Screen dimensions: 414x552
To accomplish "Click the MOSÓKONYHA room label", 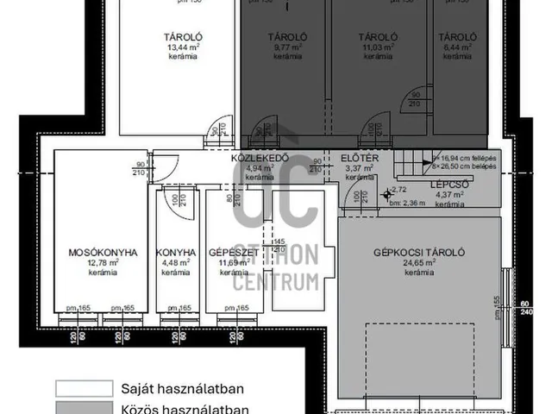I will [x=103, y=253].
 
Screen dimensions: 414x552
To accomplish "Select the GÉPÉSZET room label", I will [x=229, y=253].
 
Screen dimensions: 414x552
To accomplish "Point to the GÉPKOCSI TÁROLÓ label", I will [x=420, y=253].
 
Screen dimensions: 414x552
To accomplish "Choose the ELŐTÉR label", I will [x=355, y=158].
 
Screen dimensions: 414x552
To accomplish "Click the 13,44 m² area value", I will [x=183, y=47].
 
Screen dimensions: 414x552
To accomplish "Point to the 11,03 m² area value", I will [x=377, y=47].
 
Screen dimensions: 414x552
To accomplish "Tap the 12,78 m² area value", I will [x=103, y=263].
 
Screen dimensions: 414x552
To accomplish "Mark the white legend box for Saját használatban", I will [x=84, y=389].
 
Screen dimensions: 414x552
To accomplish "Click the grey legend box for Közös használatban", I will [x=84, y=408].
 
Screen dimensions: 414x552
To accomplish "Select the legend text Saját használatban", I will [x=186, y=389].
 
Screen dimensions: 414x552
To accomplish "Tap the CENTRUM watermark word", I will [x=278, y=281].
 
